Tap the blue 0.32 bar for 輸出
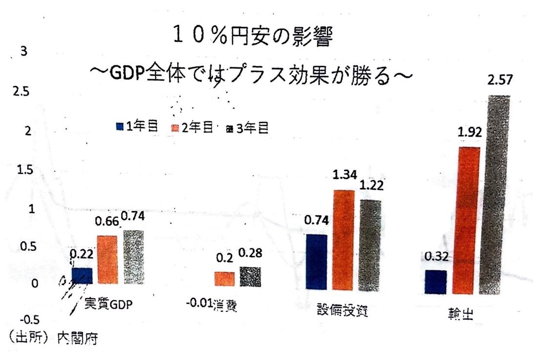tap(436, 281)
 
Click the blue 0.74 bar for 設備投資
tap(316, 262)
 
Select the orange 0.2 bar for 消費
tap(224, 279)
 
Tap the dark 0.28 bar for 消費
tap(250, 277)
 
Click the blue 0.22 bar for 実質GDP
tap(82, 276)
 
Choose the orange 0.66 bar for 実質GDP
tap(107, 259)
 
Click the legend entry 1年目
tap(137, 127)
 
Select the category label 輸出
tap(461, 313)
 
